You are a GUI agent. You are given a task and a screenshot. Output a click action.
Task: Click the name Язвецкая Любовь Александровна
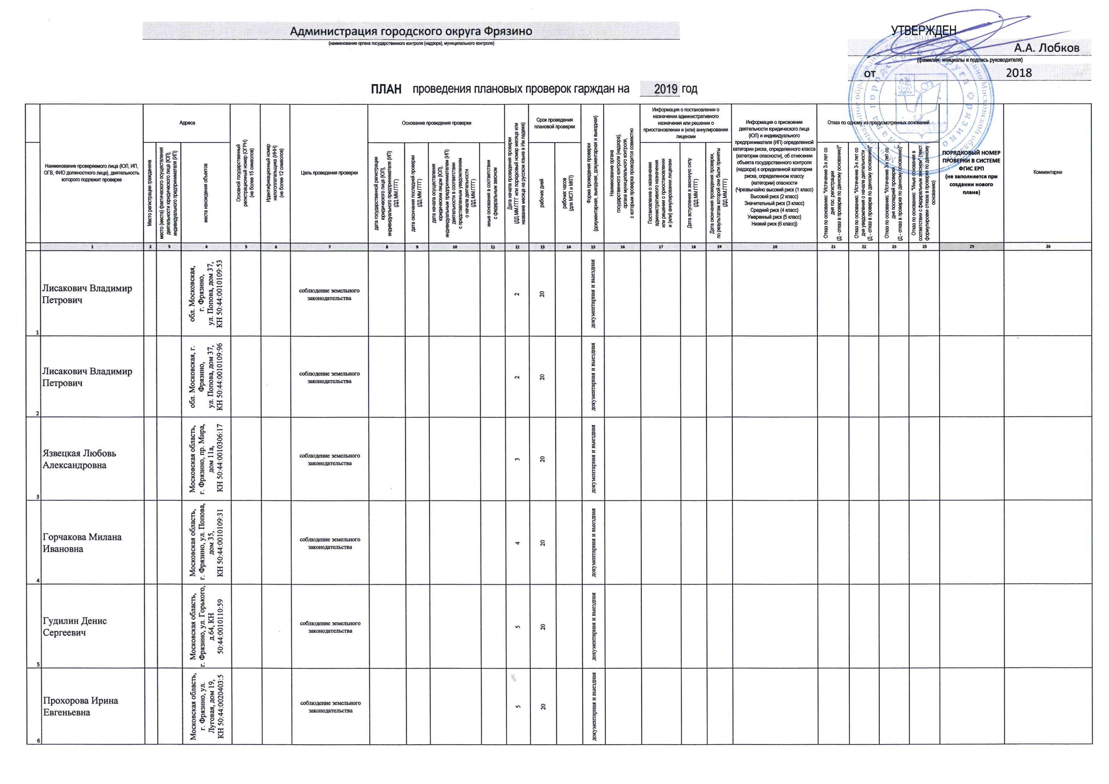79,459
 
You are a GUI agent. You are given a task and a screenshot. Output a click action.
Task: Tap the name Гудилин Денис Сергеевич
75,627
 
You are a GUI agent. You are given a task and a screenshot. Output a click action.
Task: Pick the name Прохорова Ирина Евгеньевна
80,706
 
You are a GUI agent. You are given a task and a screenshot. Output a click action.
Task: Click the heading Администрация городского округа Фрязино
411,31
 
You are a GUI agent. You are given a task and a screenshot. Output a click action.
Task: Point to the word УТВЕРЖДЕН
923,30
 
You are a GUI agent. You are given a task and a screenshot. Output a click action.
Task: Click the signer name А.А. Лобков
1046,48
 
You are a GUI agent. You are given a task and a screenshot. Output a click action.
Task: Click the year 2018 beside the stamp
1019,73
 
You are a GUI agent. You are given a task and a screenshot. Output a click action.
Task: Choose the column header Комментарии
1047,172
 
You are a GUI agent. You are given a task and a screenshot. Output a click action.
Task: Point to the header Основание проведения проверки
436,123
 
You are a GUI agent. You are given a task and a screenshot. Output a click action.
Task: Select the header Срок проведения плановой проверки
554,123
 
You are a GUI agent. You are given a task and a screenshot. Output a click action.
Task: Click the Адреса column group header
187,123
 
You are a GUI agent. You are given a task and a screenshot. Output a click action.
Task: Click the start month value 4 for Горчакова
517,543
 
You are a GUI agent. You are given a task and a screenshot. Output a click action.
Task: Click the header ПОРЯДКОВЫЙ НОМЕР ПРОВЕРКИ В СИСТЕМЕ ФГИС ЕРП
971,172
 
